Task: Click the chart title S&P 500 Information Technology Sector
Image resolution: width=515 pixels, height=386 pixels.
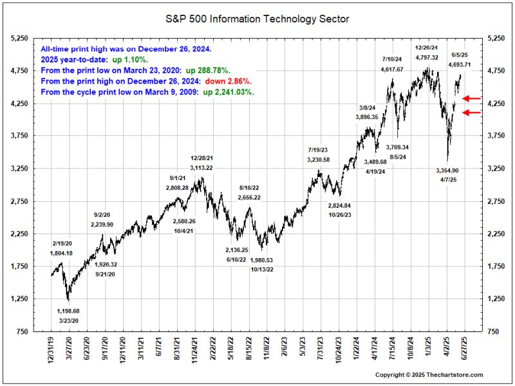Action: point(257,19)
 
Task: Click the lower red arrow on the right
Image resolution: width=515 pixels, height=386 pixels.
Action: point(472,113)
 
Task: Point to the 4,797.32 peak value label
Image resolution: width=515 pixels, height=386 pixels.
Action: point(427,57)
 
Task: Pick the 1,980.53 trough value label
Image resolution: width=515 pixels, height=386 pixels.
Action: point(263,261)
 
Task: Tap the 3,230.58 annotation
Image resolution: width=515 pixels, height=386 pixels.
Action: point(319,160)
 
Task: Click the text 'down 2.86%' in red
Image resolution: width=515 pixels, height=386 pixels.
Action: point(228,82)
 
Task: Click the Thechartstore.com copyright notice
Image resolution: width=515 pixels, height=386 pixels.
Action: point(429,375)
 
